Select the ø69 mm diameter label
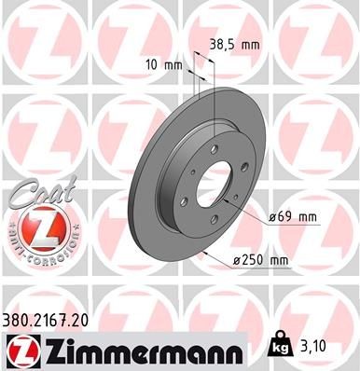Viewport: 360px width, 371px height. click(x=295, y=217)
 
